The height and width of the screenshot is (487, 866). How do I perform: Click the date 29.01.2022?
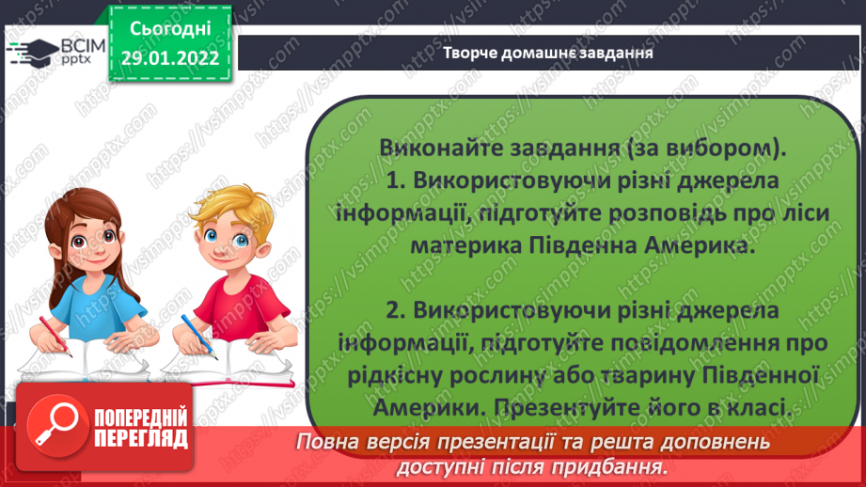pos(170,58)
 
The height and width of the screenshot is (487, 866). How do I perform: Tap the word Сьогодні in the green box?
pos(170,29)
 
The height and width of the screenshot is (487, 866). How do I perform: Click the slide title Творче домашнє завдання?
pos(548,53)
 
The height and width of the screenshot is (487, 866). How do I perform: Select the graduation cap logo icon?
pos(34,52)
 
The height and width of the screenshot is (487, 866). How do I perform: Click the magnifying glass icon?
pos(56,425)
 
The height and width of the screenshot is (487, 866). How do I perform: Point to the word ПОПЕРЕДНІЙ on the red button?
pos(141,418)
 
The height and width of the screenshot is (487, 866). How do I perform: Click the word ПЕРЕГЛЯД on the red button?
pos(141,439)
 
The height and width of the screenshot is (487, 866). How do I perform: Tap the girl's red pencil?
pos(55,336)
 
